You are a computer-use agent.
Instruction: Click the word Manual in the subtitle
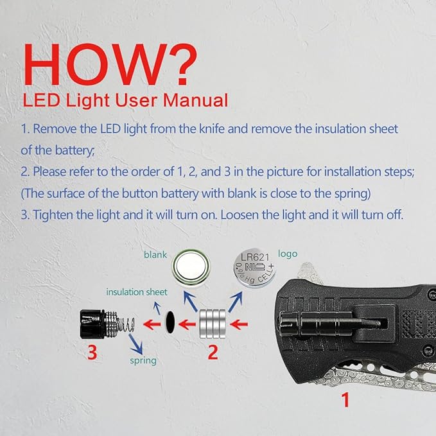tap(195, 100)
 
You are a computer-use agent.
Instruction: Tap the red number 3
tap(92, 353)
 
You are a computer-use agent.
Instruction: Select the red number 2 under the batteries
tap(213, 353)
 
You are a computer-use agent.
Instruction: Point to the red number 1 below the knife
tap(345, 400)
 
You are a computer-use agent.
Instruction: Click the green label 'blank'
tap(155, 255)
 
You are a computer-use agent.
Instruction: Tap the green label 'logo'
tap(288, 254)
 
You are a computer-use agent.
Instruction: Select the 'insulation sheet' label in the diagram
tap(137, 292)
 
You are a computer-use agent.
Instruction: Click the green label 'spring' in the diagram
tap(143, 361)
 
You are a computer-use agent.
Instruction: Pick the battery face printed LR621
tap(254, 268)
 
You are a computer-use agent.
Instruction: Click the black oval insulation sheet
tap(170, 322)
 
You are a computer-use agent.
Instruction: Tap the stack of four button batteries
tap(213, 324)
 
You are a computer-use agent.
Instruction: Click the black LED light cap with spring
tap(107, 324)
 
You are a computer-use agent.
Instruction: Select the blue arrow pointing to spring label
tap(135, 344)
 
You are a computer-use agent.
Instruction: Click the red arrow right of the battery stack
tap(239, 324)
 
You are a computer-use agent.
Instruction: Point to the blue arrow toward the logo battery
tap(235, 302)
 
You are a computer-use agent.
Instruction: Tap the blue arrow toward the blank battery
tap(191, 302)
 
